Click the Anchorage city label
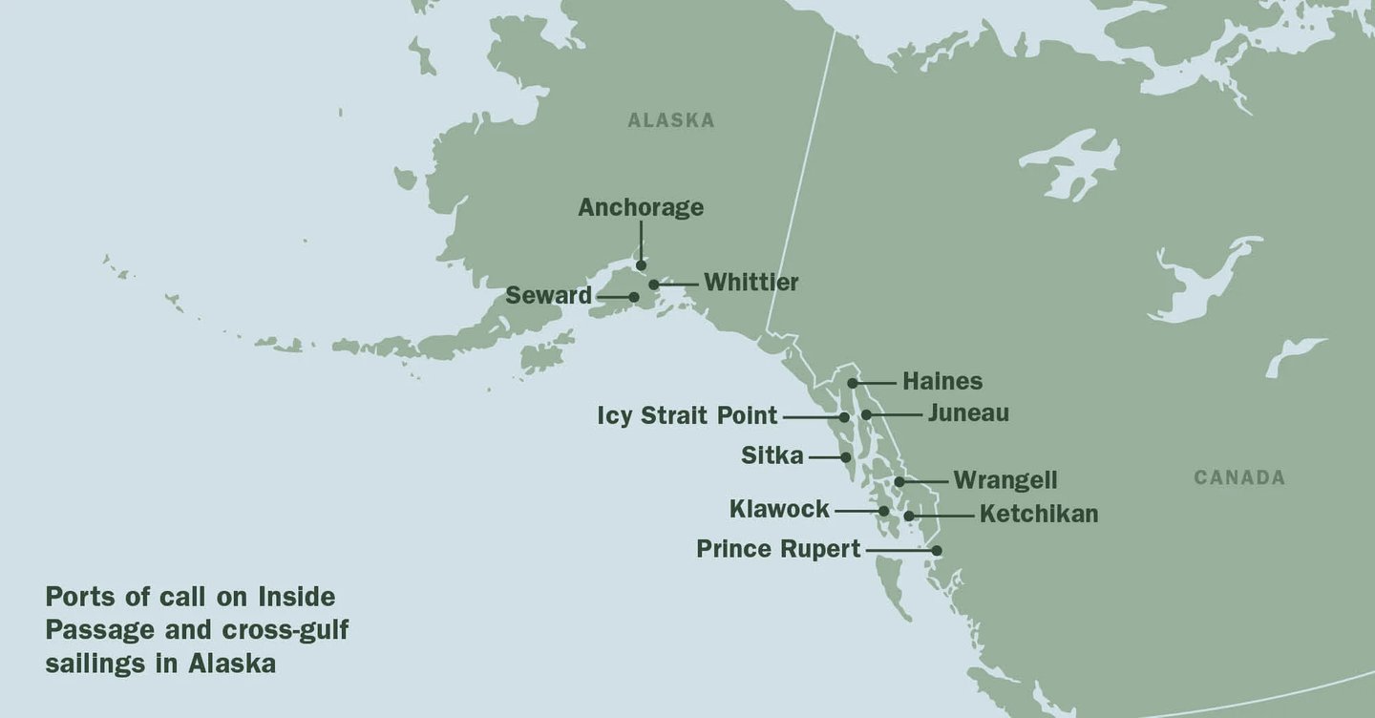(x=641, y=207)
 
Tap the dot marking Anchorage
(x=642, y=265)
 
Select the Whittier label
(x=751, y=283)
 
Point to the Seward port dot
(x=633, y=297)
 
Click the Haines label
(x=941, y=381)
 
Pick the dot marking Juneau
(x=866, y=414)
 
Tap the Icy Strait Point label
(x=687, y=416)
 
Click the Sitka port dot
(x=846, y=457)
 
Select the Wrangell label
(x=1005, y=480)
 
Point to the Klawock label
(x=779, y=510)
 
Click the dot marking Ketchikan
(x=909, y=516)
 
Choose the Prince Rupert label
(x=778, y=550)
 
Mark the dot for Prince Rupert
(x=937, y=550)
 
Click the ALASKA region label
(x=670, y=120)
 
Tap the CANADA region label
(x=1239, y=477)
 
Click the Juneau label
(x=967, y=413)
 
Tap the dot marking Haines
(x=852, y=382)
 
